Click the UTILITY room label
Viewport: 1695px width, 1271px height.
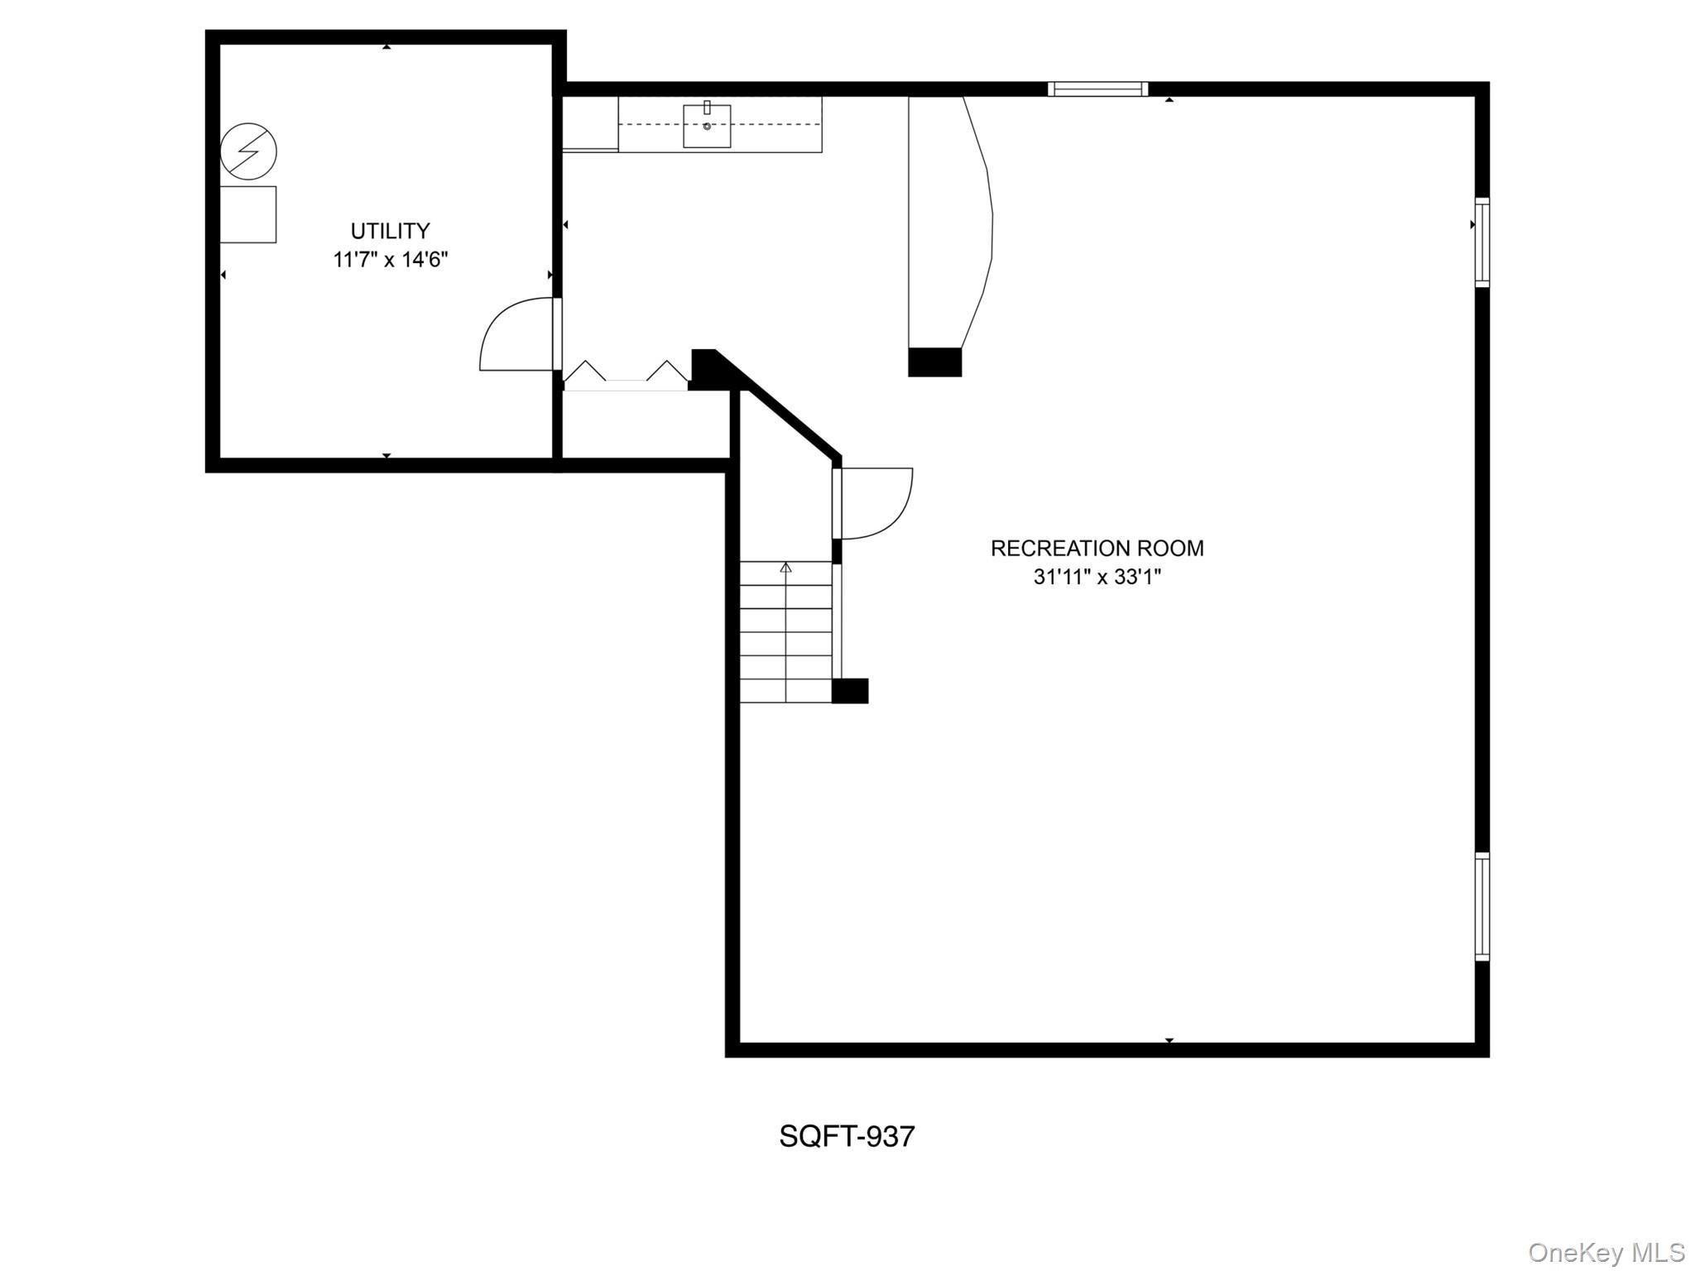390,231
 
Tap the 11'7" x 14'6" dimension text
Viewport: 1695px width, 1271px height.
390,260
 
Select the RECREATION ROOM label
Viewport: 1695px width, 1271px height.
1097,548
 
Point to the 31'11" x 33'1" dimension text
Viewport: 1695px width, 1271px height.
1097,577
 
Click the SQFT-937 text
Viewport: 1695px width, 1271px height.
847,1136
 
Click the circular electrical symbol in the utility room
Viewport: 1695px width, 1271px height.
248,151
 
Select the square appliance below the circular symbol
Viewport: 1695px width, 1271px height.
248,214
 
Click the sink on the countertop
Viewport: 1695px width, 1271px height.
707,126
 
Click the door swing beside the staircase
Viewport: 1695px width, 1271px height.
876,502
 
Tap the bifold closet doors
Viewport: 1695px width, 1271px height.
627,375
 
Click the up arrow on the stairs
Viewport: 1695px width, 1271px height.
785,568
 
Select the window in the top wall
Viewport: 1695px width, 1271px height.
1097,89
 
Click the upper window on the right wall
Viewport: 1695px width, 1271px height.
1481,242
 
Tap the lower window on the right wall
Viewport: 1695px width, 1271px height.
1481,906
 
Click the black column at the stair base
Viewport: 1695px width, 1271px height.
850,691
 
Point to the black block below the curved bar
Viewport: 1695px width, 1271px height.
935,362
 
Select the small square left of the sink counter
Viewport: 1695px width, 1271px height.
590,123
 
